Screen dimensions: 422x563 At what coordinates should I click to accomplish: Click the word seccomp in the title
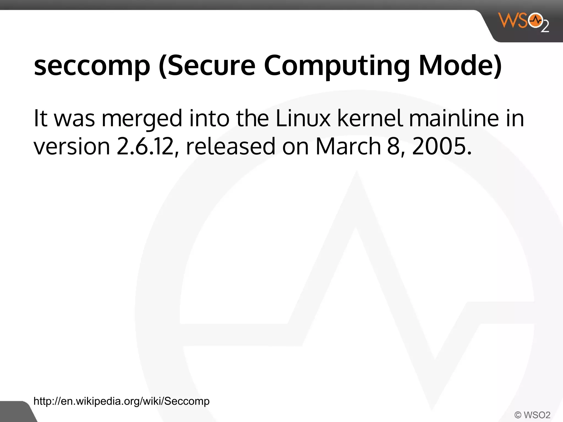pyautogui.click(x=92, y=66)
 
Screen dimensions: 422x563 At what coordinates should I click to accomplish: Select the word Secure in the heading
pyautogui.click(x=207, y=66)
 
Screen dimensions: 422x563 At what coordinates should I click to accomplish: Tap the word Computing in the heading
pyautogui.click(x=337, y=66)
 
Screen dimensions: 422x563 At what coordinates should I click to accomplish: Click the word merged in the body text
pyautogui.click(x=142, y=119)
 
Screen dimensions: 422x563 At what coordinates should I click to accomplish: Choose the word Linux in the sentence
pyautogui.click(x=303, y=119)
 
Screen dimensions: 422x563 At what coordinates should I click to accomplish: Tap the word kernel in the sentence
pyautogui.click(x=370, y=119)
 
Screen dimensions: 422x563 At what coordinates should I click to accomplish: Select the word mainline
pyautogui.click(x=454, y=119)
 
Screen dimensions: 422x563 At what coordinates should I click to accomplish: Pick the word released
pyautogui.click(x=231, y=146)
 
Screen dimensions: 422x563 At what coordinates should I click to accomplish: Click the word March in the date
pyautogui.click(x=348, y=146)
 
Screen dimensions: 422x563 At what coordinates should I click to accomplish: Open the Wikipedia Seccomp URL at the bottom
pyautogui.click(x=121, y=401)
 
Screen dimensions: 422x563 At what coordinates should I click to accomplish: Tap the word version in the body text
pyautogui.click(x=72, y=146)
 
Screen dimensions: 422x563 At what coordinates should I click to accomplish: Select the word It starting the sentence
pyautogui.click(x=40, y=119)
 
